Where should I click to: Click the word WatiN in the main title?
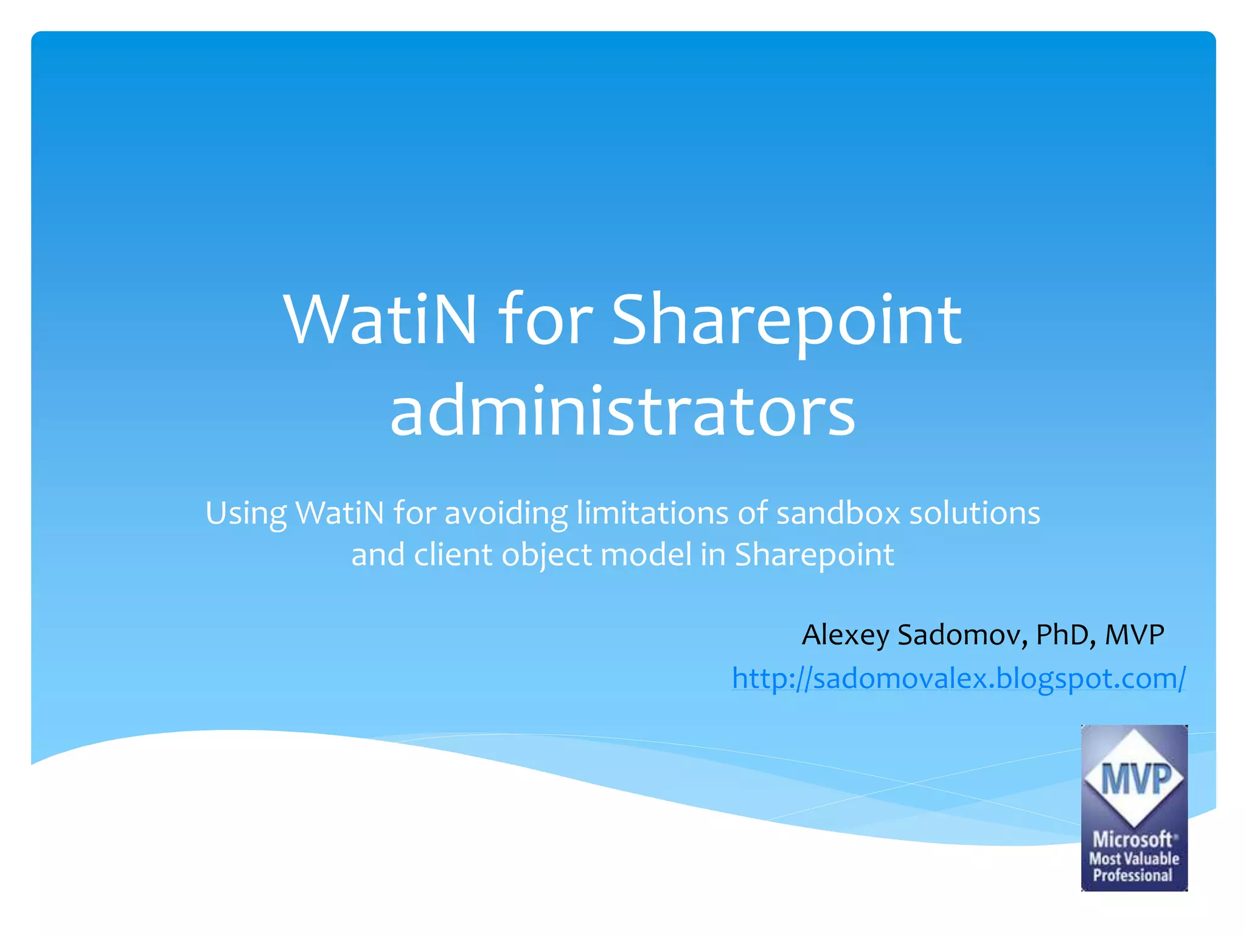[380, 320]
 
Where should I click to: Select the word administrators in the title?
[622, 411]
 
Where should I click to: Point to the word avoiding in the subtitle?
[506, 513]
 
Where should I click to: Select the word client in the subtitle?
[453, 555]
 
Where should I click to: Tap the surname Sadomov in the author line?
[962, 635]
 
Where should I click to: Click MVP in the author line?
[1134, 635]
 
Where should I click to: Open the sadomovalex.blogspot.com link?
[959, 678]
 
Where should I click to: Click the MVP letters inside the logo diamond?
[1135, 780]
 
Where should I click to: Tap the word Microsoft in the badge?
[1132, 839]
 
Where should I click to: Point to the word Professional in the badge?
[1132, 875]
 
